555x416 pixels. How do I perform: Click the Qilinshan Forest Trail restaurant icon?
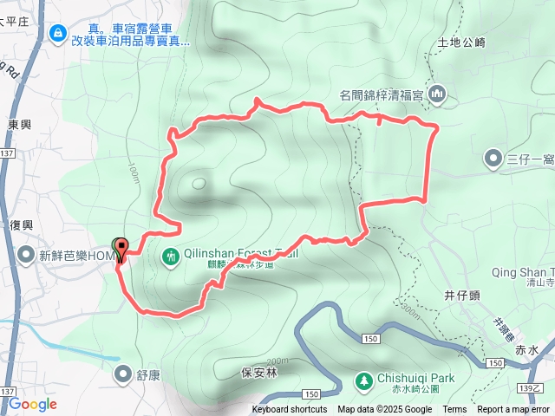coord(171,256)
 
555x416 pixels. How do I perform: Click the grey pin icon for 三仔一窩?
coord(492,159)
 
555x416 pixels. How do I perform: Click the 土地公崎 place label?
coord(460,42)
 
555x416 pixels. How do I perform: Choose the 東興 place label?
coord(20,125)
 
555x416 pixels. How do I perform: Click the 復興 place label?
coord(22,225)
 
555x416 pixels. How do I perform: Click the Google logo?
coord(32,404)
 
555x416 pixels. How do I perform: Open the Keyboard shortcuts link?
coord(290,410)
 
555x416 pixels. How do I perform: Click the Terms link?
coord(454,410)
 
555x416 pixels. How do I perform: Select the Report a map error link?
coord(513,410)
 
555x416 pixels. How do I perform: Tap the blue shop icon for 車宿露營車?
coord(58,33)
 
